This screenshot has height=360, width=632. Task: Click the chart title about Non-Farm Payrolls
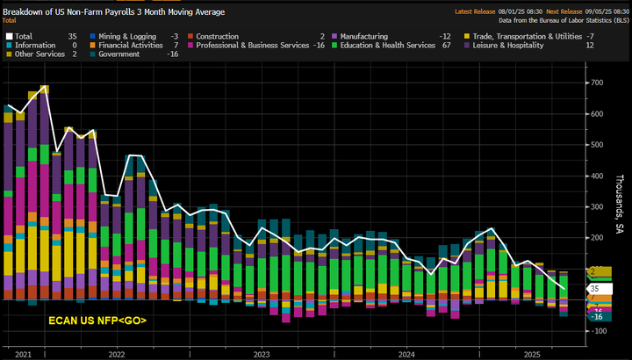(114, 12)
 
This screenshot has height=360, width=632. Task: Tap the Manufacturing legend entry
(369, 36)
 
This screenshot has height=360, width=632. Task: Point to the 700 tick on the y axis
(597, 83)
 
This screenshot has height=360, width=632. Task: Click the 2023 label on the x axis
(261, 353)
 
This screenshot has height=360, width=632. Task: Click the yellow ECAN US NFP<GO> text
(97, 320)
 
